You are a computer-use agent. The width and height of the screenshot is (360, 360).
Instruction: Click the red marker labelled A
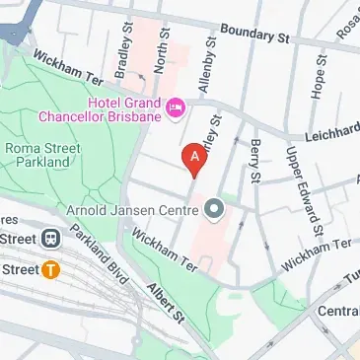pos(194,157)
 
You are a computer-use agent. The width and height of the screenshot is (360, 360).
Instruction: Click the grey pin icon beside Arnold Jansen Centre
pos(213,209)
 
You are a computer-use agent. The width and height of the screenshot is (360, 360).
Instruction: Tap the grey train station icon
pos(49,238)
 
